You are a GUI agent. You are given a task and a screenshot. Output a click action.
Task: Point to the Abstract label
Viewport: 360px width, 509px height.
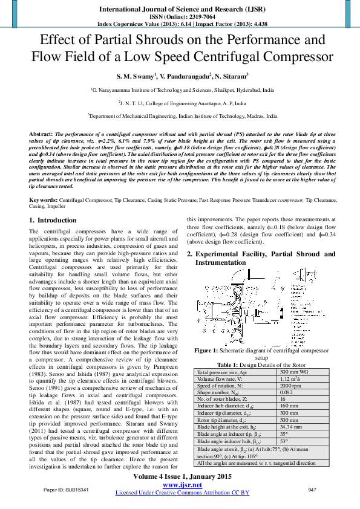[41, 132]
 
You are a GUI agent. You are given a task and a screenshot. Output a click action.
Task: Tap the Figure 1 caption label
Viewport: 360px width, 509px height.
[210, 350]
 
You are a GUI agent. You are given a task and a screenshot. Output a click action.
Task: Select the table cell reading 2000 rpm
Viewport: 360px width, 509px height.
[290, 386]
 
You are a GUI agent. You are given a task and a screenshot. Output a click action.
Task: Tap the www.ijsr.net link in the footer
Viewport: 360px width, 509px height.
[182, 485]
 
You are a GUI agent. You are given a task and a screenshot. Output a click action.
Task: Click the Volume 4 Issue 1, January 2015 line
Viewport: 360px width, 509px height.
[182, 477]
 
